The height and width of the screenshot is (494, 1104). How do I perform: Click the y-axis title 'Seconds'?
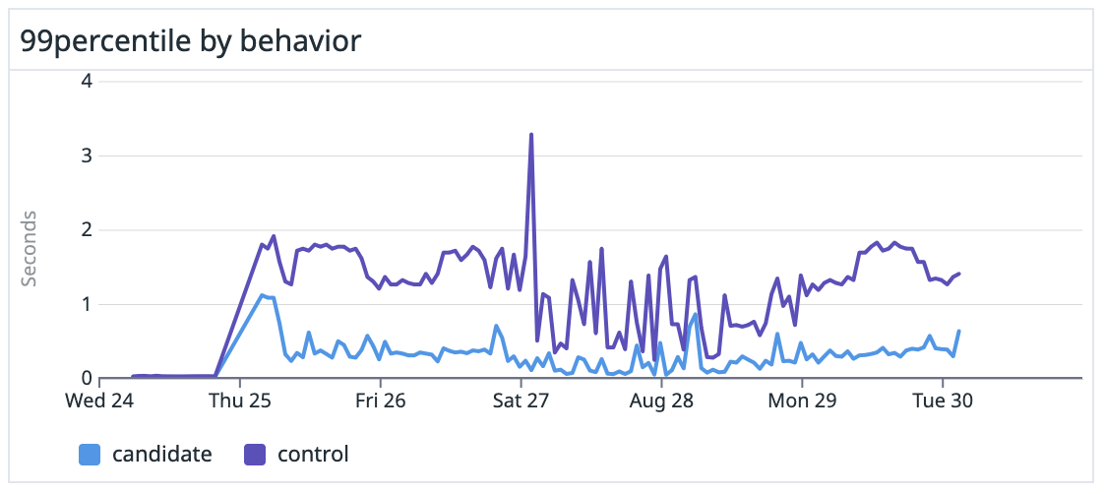point(30,248)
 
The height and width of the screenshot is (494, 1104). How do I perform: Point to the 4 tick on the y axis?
point(87,81)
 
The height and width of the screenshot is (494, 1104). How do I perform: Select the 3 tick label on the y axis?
point(87,155)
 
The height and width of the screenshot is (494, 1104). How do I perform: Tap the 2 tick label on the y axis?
point(87,230)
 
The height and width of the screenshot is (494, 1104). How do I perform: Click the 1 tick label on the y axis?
point(87,304)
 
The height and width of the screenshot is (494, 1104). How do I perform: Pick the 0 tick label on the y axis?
point(87,378)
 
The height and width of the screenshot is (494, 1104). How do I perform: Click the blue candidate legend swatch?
point(90,455)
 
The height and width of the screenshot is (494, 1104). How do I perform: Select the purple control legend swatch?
point(255,455)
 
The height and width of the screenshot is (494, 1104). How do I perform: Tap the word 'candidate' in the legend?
point(161,455)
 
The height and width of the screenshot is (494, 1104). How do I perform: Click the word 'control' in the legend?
point(313,455)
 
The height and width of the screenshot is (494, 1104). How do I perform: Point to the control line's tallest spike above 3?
point(531,135)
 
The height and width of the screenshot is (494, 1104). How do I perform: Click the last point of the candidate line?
point(958,331)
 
